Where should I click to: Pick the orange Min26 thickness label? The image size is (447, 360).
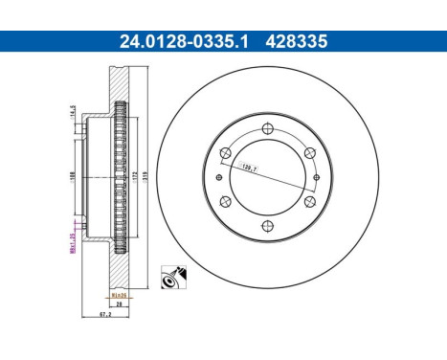(x=121, y=297)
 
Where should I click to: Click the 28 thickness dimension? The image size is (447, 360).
(x=121, y=305)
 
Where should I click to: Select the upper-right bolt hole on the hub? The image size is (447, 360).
(x=306, y=155)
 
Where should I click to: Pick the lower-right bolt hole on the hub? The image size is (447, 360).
(x=306, y=199)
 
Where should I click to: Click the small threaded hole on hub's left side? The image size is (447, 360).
(x=220, y=177)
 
